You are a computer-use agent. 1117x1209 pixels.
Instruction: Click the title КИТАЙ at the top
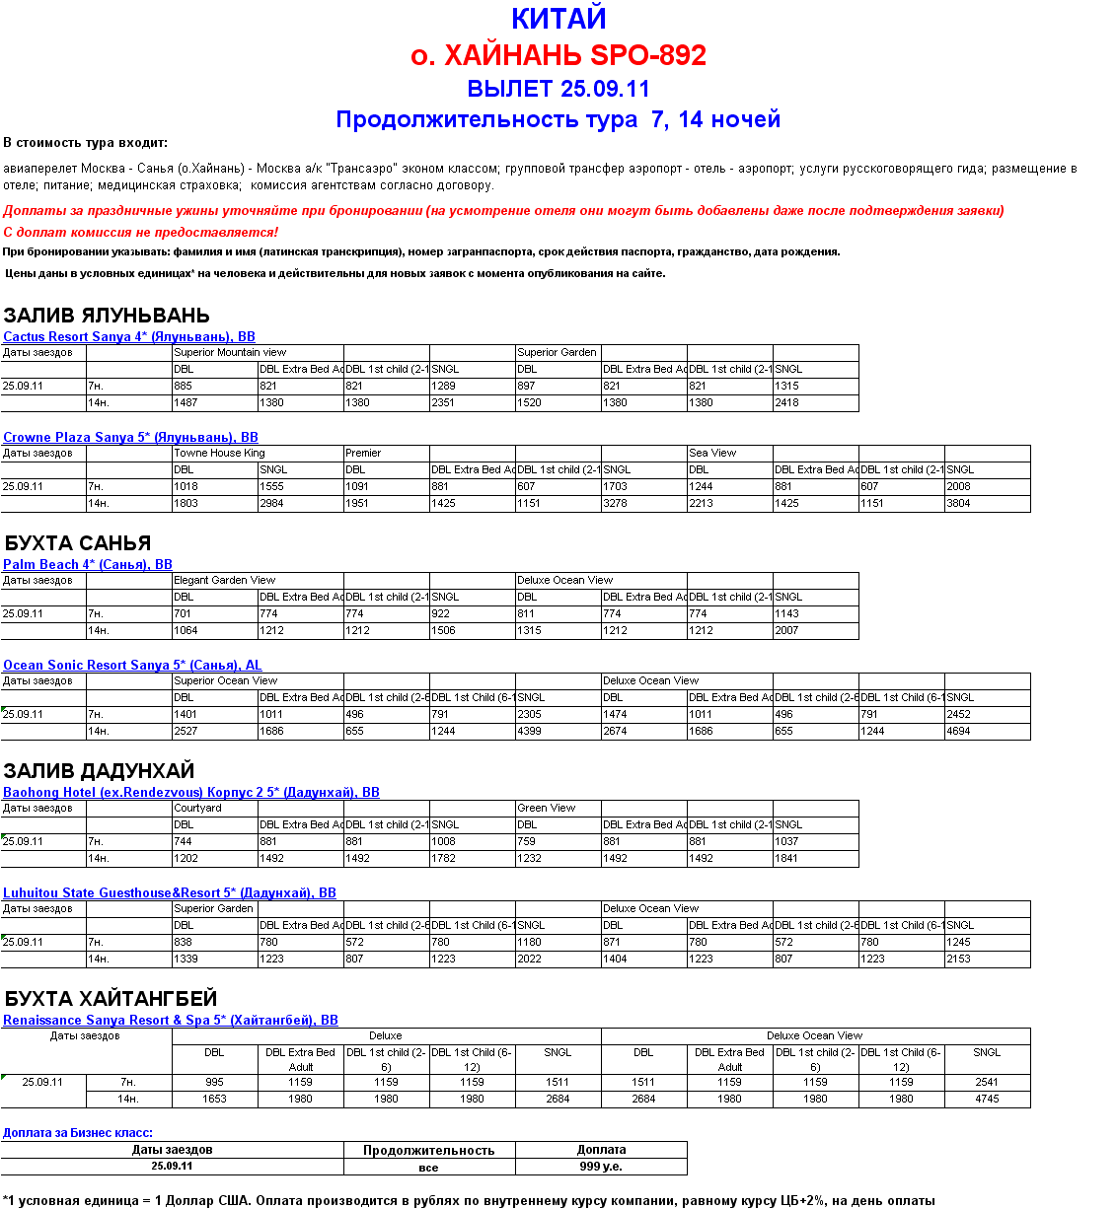pyautogui.click(x=558, y=19)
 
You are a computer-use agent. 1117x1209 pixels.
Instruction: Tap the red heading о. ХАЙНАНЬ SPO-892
pyautogui.click(x=558, y=55)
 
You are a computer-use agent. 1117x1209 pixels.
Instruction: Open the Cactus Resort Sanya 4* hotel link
pyautogui.click(x=129, y=337)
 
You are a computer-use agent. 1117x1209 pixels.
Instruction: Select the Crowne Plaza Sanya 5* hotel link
pyautogui.click(x=130, y=438)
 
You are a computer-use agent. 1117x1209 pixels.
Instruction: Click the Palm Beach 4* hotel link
pyautogui.click(x=88, y=565)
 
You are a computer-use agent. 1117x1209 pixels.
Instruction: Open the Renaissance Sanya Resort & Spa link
pyautogui.click(x=171, y=1021)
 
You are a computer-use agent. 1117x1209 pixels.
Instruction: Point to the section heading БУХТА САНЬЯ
pyautogui.click(x=78, y=543)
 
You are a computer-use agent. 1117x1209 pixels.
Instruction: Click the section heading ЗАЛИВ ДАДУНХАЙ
pyautogui.click(x=99, y=771)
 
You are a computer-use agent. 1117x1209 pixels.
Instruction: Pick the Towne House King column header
pyautogui.click(x=219, y=454)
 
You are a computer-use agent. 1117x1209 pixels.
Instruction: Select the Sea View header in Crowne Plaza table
pyautogui.click(x=712, y=454)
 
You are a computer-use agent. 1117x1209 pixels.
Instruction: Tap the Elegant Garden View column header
pyautogui.click(x=224, y=581)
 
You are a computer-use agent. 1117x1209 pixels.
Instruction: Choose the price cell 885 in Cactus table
pyautogui.click(x=184, y=387)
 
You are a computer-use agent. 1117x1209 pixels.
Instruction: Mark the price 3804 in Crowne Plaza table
pyautogui.click(x=959, y=504)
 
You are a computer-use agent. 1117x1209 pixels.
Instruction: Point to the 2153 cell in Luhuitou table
pyautogui.click(x=959, y=960)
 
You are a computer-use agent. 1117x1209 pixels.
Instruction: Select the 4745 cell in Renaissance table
pyautogui.click(x=987, y=1100)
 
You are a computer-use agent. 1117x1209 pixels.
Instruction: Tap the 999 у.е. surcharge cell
pyautogui.click(x=601, y=1167)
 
